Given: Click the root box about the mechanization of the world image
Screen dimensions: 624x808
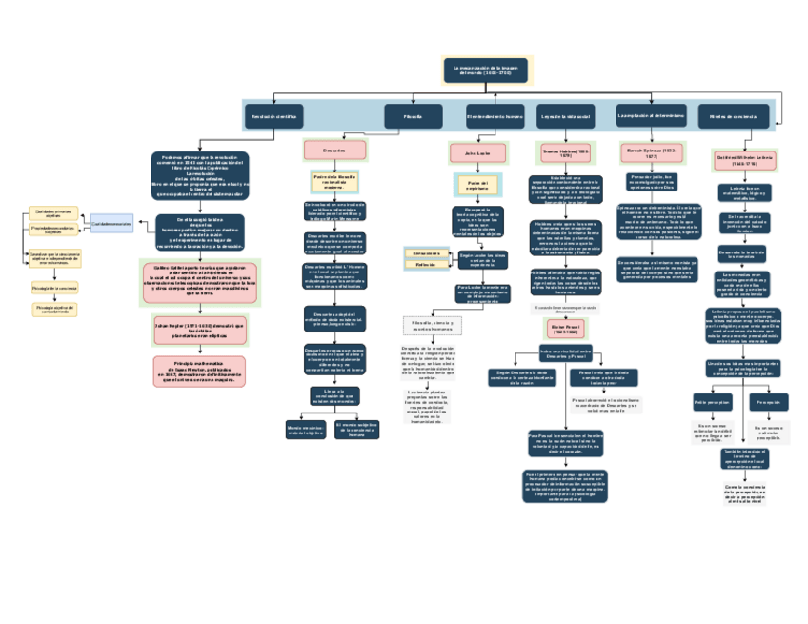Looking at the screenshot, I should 486,70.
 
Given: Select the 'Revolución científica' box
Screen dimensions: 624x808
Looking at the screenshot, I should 273,116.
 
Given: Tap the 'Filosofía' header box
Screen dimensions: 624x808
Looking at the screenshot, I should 414,116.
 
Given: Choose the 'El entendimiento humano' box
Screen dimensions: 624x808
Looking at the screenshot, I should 495,116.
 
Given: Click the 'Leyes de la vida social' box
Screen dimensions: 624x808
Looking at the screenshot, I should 566,116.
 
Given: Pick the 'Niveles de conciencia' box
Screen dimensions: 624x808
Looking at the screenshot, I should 733,116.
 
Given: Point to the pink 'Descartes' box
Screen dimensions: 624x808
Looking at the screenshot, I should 334,151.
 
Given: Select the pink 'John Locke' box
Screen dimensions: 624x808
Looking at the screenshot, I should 477,152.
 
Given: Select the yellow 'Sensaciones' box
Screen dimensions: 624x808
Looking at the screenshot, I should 426,253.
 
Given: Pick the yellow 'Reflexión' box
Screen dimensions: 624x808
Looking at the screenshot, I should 426,265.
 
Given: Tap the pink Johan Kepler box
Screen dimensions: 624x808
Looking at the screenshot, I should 199,330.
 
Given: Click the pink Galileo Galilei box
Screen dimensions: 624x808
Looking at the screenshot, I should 199,280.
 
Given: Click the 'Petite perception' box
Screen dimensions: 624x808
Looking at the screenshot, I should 712,402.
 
